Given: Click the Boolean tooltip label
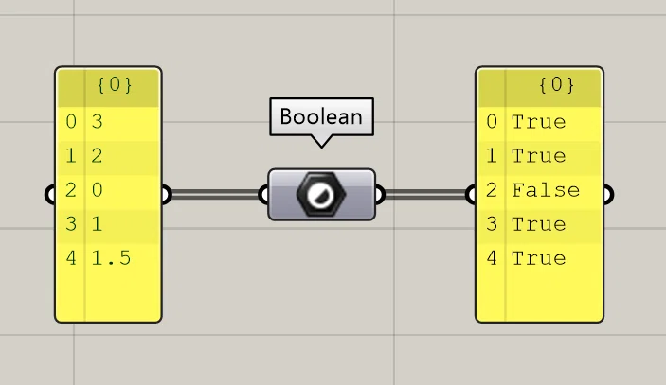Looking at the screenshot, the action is (321, 116).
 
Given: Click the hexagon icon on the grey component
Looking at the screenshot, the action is (321, 195).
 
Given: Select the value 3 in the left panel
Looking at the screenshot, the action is (98, 122).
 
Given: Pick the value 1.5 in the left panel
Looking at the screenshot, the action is (111, 258).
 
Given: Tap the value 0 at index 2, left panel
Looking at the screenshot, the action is (98, 190).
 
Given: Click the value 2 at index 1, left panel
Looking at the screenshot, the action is (98, 156).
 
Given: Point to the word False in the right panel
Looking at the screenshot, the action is (546, 190).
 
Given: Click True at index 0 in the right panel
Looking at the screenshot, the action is (538, 122).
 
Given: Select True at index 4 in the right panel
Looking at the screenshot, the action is (538, 258).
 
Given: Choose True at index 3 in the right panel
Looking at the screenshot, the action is (538, 224).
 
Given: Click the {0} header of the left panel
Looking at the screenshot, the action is (115, 85).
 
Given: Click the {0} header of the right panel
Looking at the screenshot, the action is (557, 85).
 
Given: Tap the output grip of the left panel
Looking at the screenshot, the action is (167, 195).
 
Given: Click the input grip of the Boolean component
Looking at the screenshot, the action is (263, 195).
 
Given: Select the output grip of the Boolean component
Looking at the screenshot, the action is (380, 195).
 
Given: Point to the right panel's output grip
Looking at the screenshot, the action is (608, 195).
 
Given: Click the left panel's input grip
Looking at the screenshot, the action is (49, 195).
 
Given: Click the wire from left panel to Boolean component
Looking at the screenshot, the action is (215, 195).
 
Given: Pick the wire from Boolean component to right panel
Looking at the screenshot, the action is (425, 195).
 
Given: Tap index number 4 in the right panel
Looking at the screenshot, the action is (492, 258).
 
